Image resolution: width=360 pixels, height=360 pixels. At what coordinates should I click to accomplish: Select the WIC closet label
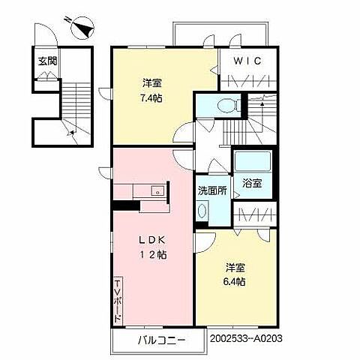pos(247,61)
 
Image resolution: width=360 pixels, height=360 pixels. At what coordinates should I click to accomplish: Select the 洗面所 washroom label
pos(211,190)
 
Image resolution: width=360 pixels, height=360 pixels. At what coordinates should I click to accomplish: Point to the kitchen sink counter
pos(149,190)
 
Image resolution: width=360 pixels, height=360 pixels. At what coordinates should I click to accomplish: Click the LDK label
pos(149,240)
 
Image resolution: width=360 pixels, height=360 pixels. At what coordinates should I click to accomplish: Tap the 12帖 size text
pos(152,254)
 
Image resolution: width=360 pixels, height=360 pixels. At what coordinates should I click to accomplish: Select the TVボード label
pos(118,300)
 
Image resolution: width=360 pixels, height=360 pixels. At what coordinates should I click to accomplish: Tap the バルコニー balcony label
pos(160,341)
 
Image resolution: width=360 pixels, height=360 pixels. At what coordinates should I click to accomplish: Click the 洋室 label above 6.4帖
pos(234,266)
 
